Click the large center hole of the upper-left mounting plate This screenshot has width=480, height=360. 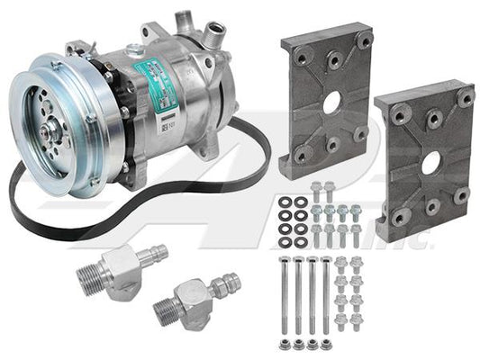click(x=331, y=103)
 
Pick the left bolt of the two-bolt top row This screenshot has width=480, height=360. click(x=316, y=192)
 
